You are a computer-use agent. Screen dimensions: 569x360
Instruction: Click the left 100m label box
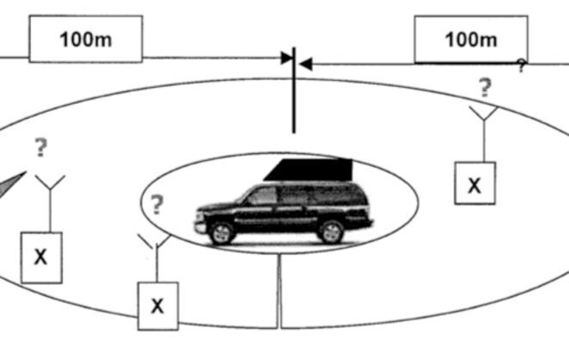click(85, 39)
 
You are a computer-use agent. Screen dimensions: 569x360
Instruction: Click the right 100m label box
click(471, 40)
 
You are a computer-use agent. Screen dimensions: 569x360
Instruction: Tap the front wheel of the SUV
click(221, 233)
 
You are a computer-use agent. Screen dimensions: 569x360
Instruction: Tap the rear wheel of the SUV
click(331, 232)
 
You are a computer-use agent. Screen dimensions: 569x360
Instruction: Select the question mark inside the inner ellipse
click(157, 204)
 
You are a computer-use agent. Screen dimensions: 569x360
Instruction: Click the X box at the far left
click(41, 258)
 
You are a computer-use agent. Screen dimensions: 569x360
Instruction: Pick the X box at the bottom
click(158, 306)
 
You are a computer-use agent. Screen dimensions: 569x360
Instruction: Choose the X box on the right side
click(474, 183)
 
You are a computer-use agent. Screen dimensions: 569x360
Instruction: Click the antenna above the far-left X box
click(50, 203)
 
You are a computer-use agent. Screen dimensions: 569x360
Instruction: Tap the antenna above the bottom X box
click(156, 258)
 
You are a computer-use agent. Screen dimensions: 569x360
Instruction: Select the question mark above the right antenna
click(485, 88)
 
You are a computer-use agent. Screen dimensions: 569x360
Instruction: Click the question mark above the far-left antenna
click(41, 147)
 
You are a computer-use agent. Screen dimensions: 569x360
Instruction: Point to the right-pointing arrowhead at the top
click(287, 58)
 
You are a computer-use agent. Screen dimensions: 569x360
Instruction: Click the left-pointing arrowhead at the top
click(306, 65)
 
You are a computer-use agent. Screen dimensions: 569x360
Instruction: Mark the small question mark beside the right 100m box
click(522, 65)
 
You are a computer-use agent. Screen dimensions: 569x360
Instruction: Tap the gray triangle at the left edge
click(11, 184)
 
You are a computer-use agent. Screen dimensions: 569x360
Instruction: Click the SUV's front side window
click(262, 196)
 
